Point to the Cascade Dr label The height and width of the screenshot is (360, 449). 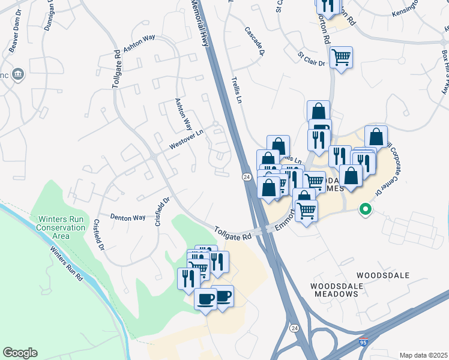(x=255, y=41)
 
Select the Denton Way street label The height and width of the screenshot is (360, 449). (x=127, y=217)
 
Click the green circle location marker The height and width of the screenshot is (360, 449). (x=364, y=209)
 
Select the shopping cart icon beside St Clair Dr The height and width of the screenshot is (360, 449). (x=341, y=58)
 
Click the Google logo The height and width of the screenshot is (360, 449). (x=20, y=352)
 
